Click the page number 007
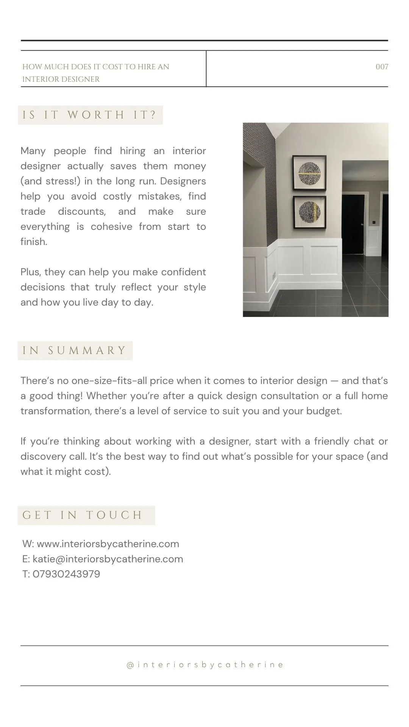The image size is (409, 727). pyautogui.click(x=382, y=67)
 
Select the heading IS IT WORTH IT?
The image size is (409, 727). pyautogui.click(x=90, y=115)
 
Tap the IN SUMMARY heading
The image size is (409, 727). pyautogui.click(x=75, y=351)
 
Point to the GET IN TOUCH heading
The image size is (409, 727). pyautogui.click(x=83, y=515)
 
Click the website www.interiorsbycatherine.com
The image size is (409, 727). pyautogui.click(x=108, y=544)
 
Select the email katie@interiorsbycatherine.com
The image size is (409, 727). pyautogui.click(x=108, y=559)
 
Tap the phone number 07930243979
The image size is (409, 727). pyautogui.click(x=66, y=574)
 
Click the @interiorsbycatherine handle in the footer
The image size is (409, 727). pyautogui.click(x=205, y=665)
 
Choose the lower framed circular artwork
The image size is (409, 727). pyautogui.click(x=309, y=212)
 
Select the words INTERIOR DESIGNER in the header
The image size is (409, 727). pyautogui.click(x=61, y=80)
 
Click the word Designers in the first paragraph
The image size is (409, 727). pyautogui.click(x=183, y=181)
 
